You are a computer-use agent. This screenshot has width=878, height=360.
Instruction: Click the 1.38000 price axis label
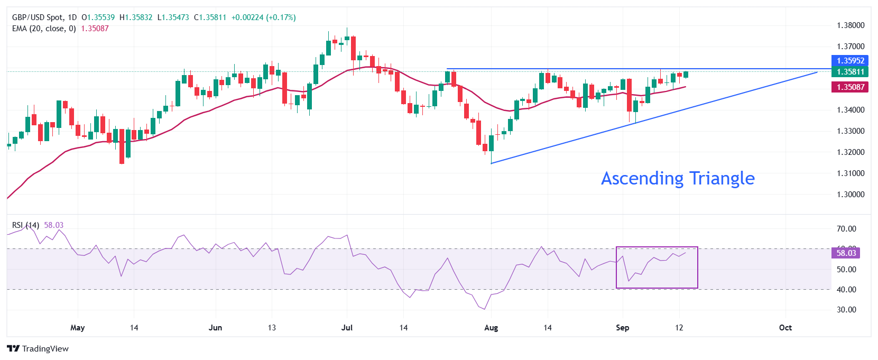coord(851,25)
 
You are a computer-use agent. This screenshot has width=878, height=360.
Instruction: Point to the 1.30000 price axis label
coord(851,195)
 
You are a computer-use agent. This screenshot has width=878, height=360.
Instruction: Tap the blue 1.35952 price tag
coord(850,61)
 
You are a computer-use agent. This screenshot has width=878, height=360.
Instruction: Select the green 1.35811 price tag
coord(850,72)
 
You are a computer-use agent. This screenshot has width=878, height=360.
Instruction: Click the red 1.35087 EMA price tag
coord(850,87)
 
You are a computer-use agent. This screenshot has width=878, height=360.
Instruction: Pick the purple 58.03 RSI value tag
coord(846,253)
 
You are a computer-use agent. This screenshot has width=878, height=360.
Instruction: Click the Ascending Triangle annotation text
coord(678,179)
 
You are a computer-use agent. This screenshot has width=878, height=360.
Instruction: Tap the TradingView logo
coord(38,349)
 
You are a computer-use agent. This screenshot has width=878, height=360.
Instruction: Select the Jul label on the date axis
coord(347,328)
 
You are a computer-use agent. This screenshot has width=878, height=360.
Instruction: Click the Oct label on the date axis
coord(785,328)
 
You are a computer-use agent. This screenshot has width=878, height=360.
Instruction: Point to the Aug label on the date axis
coord(491,328)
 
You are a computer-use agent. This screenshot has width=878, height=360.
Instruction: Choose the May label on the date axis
coord(78,328)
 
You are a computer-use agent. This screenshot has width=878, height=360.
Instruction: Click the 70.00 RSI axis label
coord(846,229)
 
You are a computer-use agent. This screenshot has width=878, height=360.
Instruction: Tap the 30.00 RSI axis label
coord(846,310)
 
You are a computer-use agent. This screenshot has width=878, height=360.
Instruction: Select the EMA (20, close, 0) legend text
coord(44,29)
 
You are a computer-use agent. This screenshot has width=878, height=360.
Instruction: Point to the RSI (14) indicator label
coord(25,225)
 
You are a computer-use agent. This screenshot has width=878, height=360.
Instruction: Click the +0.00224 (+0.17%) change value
coord(263,17)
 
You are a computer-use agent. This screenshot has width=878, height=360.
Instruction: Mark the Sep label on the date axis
coord(623,328)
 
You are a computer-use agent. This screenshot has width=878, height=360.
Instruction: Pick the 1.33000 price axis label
coord(851,131)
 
